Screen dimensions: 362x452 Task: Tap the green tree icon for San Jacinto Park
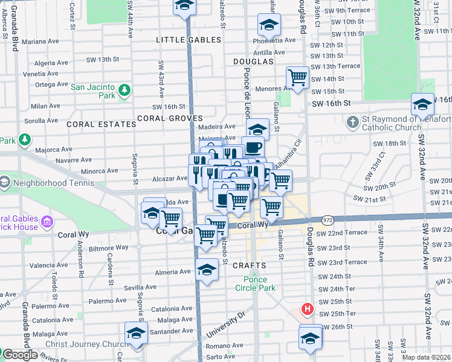(125, 91)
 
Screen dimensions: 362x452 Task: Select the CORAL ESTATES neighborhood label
(102, 124)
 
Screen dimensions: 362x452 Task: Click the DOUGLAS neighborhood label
(251, 62)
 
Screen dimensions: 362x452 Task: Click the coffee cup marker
(253, 147)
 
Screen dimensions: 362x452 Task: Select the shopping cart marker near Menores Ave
(297, 78)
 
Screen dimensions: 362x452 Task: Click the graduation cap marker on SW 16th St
(422, 104)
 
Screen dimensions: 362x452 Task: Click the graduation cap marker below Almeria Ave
(207, 270)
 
